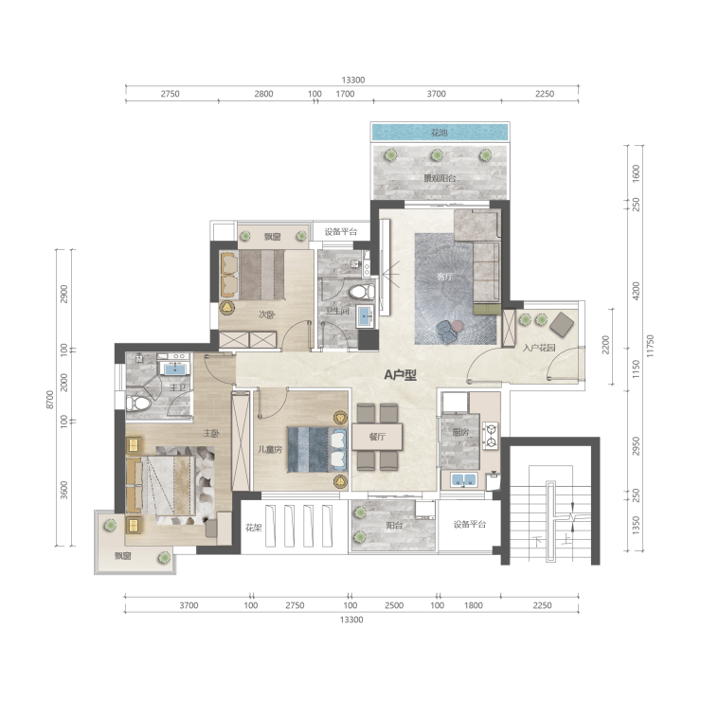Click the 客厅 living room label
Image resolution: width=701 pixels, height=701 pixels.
pos(444,277)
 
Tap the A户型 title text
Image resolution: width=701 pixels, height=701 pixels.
pos(400,375)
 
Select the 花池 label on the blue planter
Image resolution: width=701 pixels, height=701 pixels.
pos(439,133)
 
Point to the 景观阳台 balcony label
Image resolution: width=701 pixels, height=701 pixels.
pos(440,178)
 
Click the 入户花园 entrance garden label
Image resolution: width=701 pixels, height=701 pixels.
pos(539,348)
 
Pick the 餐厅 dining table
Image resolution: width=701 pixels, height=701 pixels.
pos(377,437)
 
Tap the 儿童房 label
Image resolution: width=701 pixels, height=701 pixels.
pos(270,450)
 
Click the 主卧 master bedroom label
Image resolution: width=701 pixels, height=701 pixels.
pos(211,433)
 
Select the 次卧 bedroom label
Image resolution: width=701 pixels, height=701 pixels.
pos(266,315)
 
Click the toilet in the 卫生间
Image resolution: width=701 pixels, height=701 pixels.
pos(362,293)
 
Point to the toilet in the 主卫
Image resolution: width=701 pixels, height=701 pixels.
pos(138,404)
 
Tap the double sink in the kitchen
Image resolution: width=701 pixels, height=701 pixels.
pos(463,480)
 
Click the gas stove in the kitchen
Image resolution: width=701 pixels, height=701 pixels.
pos(491,436)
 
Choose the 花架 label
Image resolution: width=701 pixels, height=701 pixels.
pos(254,528)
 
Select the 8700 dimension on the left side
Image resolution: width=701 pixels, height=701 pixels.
pos(50,399)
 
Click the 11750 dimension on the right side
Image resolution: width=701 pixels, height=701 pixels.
pos(650,346)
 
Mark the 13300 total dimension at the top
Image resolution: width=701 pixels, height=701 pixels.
pos(353,80)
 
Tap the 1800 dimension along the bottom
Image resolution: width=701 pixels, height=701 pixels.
pos(473,605)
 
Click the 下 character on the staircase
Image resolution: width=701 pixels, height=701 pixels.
pos(538,542)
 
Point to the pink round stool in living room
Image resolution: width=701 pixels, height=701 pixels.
pos(457,326)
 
